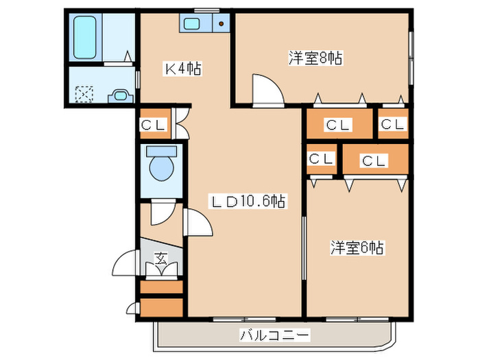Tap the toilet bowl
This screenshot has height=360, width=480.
point(162,168)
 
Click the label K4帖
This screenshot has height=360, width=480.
point(182,69)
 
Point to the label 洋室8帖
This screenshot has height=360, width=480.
point(315,58)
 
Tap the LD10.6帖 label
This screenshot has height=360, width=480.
point(247,201)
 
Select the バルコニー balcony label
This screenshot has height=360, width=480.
point(274,335)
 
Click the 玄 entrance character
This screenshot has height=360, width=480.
point(161,259)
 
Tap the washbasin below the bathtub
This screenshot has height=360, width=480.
point(121,95)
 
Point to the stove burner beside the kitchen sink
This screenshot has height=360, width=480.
point(221,25)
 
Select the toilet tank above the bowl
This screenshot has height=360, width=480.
point(162,150)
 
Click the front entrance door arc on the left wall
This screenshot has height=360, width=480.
point(126,263)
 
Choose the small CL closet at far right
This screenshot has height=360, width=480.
point(393,124)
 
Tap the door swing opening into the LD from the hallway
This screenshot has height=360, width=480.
point(194,222)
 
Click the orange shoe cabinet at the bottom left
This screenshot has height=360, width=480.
point(162,306)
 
